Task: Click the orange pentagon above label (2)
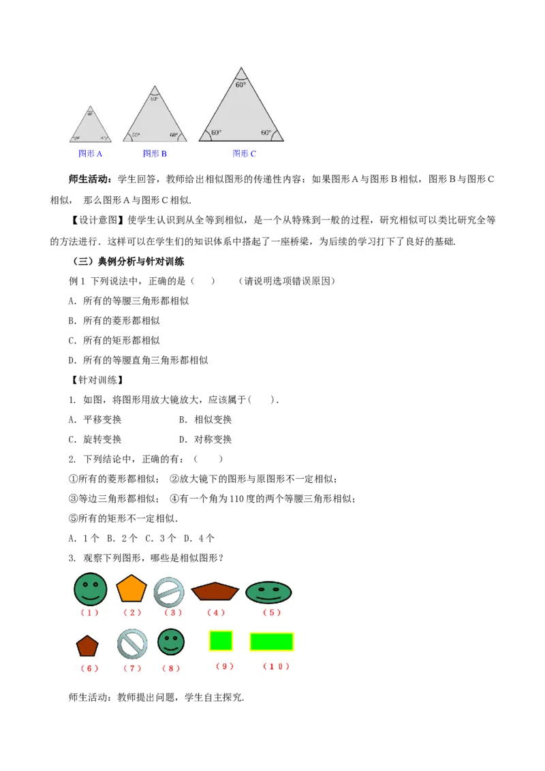[x=131, y=588]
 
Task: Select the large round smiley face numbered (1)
[x=91, y=589]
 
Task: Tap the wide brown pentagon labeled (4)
[x=215, y=591]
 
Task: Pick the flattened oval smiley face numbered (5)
[x=268, y=593]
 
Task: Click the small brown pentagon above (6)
[x=87, y=646]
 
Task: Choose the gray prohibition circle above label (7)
[x=132, y=644]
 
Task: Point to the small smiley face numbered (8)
[x=171, y=642]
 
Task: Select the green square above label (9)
[x=221, y=641]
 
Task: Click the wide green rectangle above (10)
[x=271, y=642]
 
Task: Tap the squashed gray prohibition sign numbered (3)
[x=169, y=591]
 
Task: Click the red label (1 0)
[x=276, y=666]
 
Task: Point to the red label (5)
[x=272, y=612]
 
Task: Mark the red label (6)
[x=89, y=668]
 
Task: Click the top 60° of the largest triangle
[x=241, y=85]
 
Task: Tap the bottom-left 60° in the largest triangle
[x=216, y=133]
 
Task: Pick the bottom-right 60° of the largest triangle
[x=266, y=133]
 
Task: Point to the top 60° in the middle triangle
[x=155, y=99]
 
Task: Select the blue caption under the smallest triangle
[x=90, y=154]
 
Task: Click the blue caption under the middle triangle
[x=155, y=154]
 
